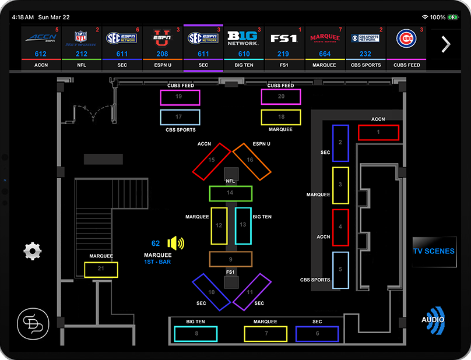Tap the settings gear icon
tap(33, 251)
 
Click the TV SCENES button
tap(434, 251)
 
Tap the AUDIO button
tap(433, 320)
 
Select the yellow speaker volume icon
tap(175, 243)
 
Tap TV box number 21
tap(101, 269)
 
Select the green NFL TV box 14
tap(230, 193)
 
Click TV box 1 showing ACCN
tap(378, 132)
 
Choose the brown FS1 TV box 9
tap(230, 259)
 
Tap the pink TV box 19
tap(180, 97)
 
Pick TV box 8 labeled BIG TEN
tap(196, 334)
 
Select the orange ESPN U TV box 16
tap(251, 161)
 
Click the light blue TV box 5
tap(340, 270)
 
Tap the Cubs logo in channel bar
tap(406, 39)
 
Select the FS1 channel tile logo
tap(284, 39)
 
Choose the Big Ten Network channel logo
tap(244, 39)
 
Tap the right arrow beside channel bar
tap(446, 44)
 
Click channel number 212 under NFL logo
tap(82, 54)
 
